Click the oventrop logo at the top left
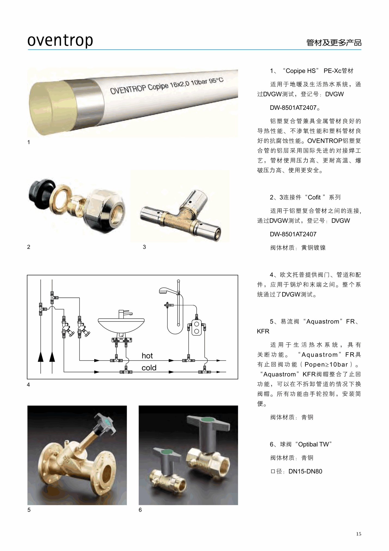tap(60, 41)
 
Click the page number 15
tap(359, 534)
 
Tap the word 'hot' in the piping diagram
tap(147, 356)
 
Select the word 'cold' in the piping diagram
tap(149, 368)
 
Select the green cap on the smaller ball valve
tap(167, 451)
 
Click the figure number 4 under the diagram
tap(28, 385)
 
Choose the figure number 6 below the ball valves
tap(140, 510)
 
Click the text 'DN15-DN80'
tap(305, 471)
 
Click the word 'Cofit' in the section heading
tap(314, 197)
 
